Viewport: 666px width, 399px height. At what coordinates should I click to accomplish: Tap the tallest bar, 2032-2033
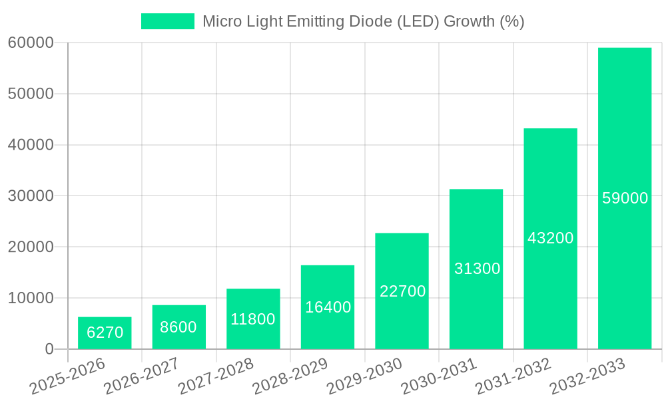(625, 133)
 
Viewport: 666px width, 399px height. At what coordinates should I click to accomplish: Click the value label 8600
(178, 327)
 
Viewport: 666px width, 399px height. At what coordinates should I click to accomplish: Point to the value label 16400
(328, 307)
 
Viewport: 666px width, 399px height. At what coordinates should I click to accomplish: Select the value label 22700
(402, 291)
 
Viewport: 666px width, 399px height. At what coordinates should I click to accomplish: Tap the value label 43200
(550, 238)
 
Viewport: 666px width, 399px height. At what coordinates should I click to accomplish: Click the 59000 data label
(625, 198)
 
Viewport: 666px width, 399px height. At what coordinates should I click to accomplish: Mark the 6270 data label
(105, 332)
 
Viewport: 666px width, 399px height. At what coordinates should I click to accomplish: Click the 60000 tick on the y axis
(30, 43)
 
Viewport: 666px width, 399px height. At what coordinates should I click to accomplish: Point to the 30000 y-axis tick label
(30, 196)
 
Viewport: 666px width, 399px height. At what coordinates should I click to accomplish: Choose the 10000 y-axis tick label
(30, 298)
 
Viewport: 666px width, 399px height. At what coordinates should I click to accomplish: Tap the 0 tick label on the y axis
(49, 349)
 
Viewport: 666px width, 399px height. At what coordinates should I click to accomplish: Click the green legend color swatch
(167, 21)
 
